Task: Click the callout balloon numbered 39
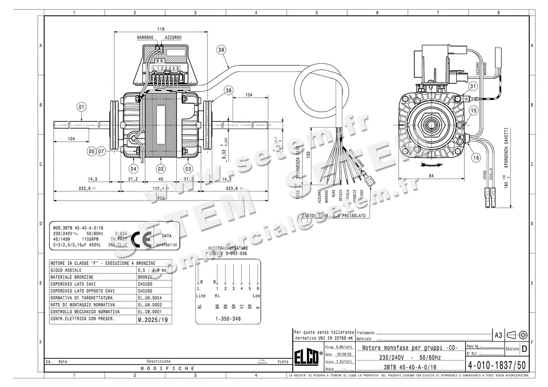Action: coord(221,51)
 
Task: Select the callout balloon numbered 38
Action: coord(228,91)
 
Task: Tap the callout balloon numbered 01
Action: coord(82,107)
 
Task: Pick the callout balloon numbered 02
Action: coord(161,168)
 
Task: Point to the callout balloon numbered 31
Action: coord(473,86)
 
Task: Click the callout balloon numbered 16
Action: coord(476,158)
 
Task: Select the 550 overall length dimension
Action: coord(161,198)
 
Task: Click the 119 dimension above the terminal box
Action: coord(161,29)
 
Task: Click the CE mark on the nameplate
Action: coord(141,238)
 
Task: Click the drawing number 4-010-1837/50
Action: coord(497,366)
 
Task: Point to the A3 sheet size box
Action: coord(498,335)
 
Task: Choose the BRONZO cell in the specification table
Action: coord(145,277)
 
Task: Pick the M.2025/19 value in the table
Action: coord(149,320)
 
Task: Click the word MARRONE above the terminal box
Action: coord(145,37)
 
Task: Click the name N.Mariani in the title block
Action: coord(344,347)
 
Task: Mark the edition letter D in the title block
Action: coord(524,349)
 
